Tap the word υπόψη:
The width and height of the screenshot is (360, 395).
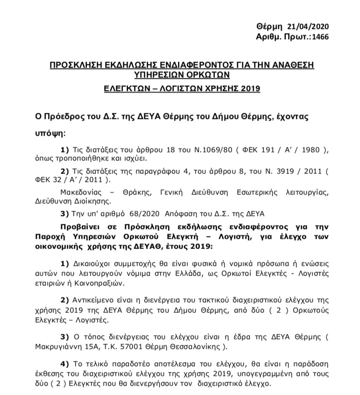pyautogui.click(x=51, y=133)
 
